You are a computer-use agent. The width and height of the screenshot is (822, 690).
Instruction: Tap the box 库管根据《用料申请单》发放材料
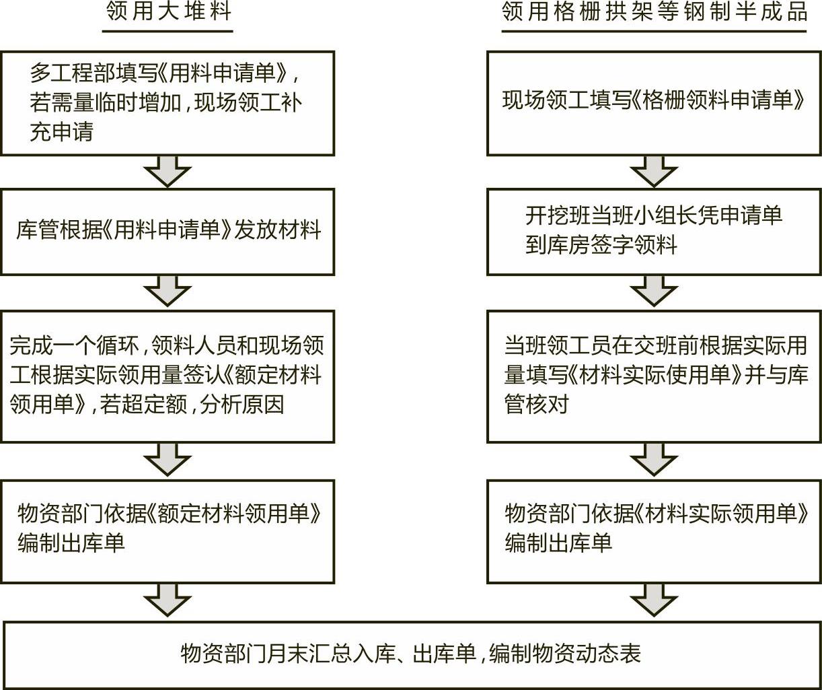pyautogui.click(x=167, y=232)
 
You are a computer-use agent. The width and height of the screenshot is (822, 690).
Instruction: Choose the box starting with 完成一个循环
pyautogui.click(x=167, y=376)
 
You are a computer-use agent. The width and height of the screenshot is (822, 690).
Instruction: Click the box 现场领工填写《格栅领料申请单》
pyautogui.click(x=655, y=103)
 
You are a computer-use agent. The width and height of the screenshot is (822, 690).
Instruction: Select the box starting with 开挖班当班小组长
pyautogui.click(x=655, y=232)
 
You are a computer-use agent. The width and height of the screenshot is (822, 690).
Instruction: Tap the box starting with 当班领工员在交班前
pyautogui.click(x=655, y=376)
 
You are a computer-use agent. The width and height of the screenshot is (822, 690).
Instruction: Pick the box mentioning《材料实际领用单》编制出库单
pyautogui.click(x=655, y=532)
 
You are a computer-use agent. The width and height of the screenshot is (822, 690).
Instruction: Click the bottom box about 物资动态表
pyautogui.click(x=412, y=655)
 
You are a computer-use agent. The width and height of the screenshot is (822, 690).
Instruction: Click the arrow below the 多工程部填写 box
pyautogui.click(x=167, y=172)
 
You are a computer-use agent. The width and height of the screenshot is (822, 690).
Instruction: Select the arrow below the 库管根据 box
pyautogui.click(x=167, y=291)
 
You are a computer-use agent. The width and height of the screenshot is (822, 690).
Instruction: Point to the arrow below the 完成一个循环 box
pyautogui.click(x=167, y=460)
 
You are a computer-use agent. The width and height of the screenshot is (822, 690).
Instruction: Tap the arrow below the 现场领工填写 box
pyautogui.click(x=655, y=172)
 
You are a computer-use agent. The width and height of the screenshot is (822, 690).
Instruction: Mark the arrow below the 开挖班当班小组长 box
pyautogui.click(x=655, y=291)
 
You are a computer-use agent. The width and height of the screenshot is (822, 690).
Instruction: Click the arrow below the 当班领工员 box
pyautogui.click(x=655, y=460)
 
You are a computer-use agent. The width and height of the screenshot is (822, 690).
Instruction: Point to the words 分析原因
pyautogui.click(x=241, y=405)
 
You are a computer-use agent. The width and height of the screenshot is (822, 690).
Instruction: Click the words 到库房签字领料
pyautogui.click(x=601, y=245)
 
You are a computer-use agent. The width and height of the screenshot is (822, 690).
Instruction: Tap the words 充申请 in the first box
pyautogui.click(x=62, y=131)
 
